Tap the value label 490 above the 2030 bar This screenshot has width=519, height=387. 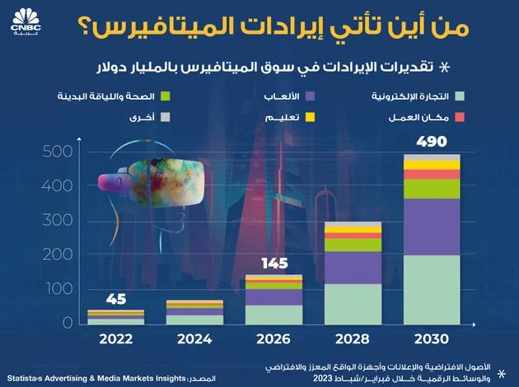tap(432, 142)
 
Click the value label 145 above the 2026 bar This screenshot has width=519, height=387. tap(274, 263)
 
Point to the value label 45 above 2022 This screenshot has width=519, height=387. tap(116, 298)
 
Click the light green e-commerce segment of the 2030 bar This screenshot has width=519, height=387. tap(432, 290)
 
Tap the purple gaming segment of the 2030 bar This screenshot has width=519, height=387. tap(432, 227)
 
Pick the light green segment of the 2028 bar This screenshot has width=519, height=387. tap(353, 304)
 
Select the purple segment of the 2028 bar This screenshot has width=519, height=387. tap(353, 268)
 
